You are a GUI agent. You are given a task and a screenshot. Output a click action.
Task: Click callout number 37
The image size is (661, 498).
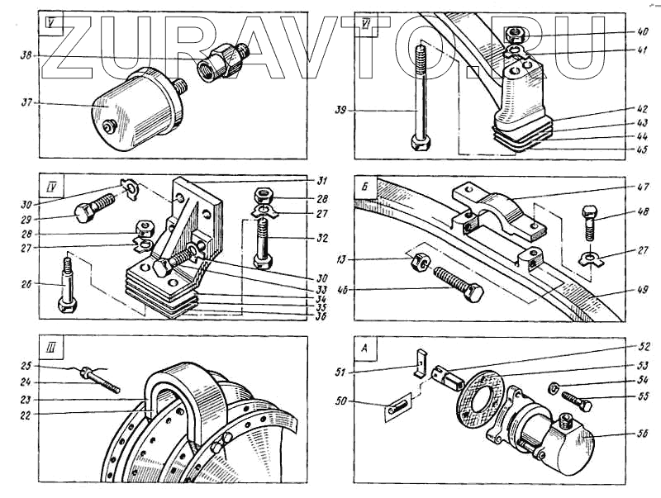click(27, 103)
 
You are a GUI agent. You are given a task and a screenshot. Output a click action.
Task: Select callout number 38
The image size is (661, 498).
click(27, 55)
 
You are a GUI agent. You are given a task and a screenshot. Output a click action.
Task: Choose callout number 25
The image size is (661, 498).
click(27, 365)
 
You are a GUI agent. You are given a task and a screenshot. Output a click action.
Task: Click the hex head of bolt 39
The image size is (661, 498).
click(419, 141)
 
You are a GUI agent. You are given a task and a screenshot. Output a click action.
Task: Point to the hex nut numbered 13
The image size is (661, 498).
click(418, 262)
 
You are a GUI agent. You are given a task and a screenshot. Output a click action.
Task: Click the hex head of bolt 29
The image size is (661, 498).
click(83, 214)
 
